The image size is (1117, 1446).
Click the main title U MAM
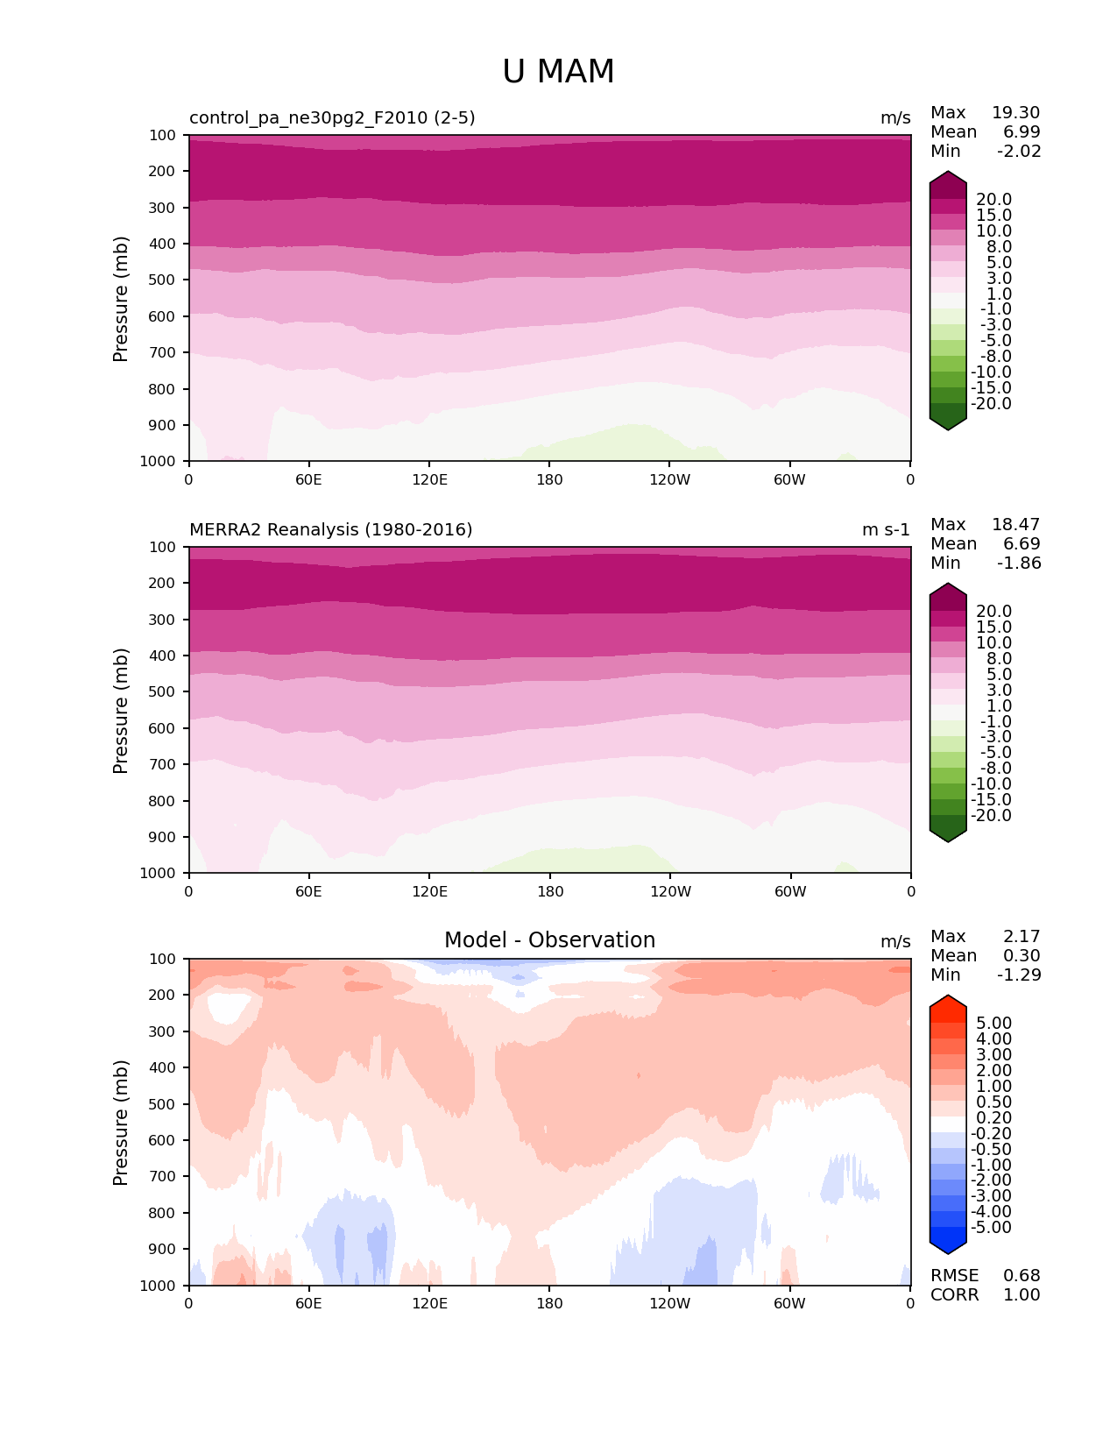[x=558, y=72]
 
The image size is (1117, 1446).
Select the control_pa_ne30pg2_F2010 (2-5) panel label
[x=332, y=118]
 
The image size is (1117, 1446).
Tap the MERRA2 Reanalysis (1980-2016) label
[x=330, y=530]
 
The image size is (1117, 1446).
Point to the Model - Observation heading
[x=549, y=940]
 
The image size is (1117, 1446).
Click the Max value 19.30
[x=1015, y=113]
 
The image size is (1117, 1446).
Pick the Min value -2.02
[x=1019, y=152]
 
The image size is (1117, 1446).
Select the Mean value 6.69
[x=1022, y=544]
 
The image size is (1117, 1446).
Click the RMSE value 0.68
[x=1022, y=1276]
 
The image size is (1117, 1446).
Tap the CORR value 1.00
[x=1022, y=1295]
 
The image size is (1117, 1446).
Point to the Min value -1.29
[x=1019, y=975]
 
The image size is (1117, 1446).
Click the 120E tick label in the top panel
[x=429, y=480]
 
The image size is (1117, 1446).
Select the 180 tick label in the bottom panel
[x=549, y=1304]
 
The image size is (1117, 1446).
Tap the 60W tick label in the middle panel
[x=790, y=892]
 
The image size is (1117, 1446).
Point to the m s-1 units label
[x=886, y=530]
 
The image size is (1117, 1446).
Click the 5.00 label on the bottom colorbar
[x=993, y=1024]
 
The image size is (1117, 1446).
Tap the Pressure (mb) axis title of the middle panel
[x=121, y=711]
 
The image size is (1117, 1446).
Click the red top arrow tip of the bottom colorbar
[x=948, y=999]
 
